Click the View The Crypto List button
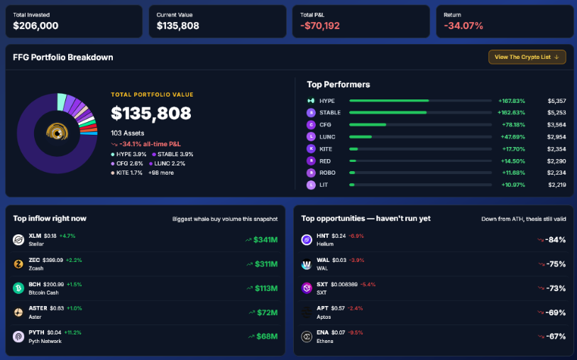527,57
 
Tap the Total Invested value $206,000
35,26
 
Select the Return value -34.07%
463,26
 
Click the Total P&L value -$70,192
320,26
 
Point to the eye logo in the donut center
57,132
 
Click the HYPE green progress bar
389,101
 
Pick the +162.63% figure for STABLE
511,113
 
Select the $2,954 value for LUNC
556,137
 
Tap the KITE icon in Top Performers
311,148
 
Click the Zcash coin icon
18,264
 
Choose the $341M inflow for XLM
265,239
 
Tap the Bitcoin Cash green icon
18,288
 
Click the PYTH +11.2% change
73,332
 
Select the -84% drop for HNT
555,239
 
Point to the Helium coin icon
307,240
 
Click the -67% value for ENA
555,337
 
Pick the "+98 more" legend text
161,173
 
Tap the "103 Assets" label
127,133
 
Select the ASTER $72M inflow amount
267,312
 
